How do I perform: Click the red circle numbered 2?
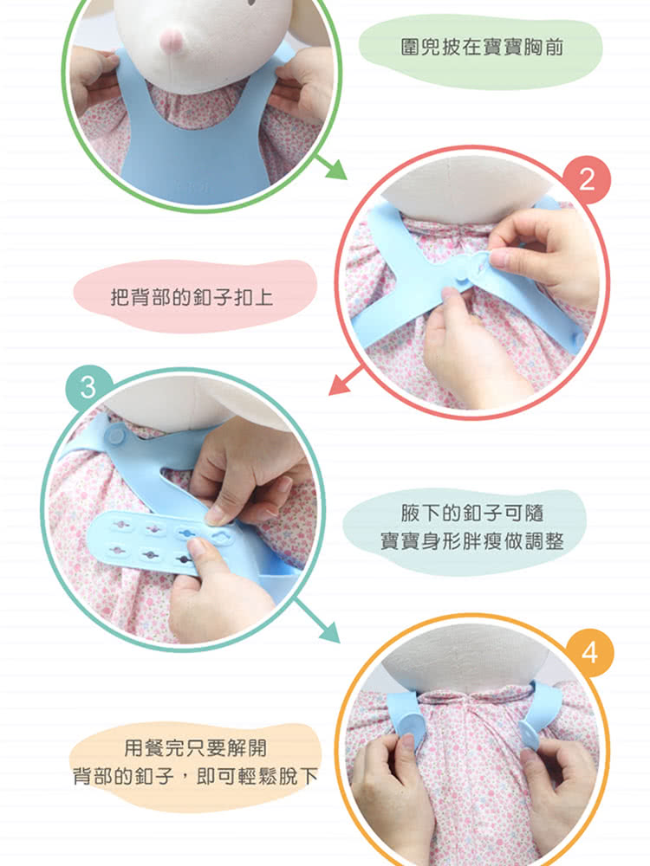click(x=587, y=179)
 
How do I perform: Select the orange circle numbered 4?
click(x=589, y=653)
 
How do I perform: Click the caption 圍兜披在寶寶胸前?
click(x=481, y=47)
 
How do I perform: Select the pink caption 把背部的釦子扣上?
click(x=192, y=298)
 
